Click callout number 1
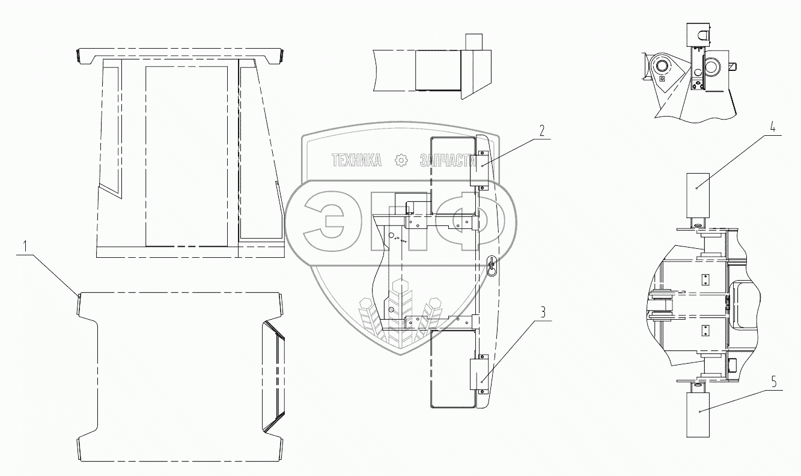pyautogui.click(x=25, y=246)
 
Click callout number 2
pyautogui.click(x=542, y=130)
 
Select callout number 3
pyautogui.click(x=543, y=312)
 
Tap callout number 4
pyautogui.click(x=773, y=127)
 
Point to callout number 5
pyautogui.click(x=774, y=382)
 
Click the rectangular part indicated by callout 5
pyautogui.click(x=698, y=415)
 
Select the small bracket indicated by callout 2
pyautogui.click(x=479, y=169)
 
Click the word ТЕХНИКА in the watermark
pyautogui.click(x=356, y=160)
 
